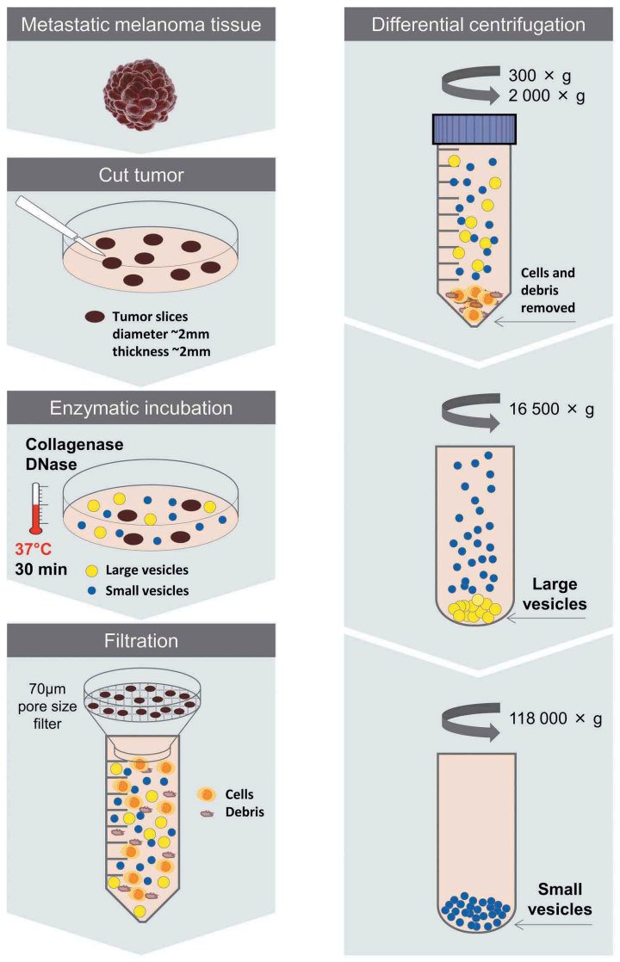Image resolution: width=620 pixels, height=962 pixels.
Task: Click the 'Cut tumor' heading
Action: [141, 176]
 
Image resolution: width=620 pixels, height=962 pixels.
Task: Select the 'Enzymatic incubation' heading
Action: [142, 407]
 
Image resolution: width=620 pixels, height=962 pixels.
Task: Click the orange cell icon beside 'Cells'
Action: [207, 793]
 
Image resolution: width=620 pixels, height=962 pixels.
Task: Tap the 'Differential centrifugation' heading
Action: [478, 24]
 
